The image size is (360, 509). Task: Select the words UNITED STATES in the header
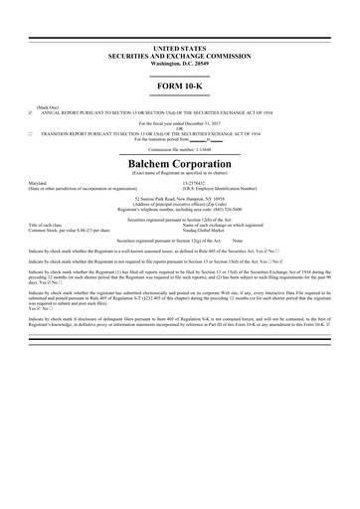coord(179,47)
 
